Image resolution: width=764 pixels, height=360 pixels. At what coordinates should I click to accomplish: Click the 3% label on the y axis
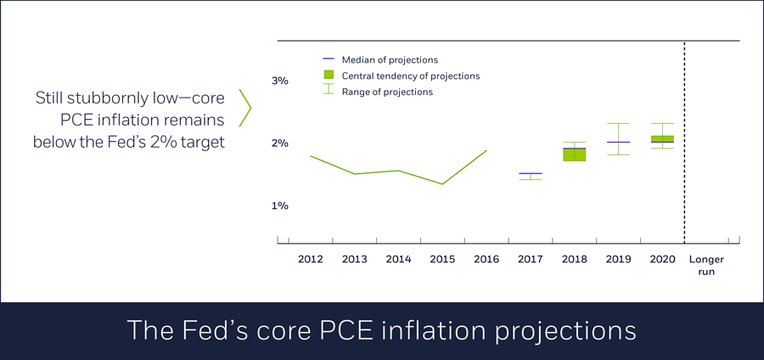[280, 81]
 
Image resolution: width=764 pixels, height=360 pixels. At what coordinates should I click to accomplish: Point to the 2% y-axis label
[280, 143]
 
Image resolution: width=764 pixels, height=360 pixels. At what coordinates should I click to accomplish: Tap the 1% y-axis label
[280, 205]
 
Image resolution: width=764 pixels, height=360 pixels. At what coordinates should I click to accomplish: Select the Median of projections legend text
[390, 60]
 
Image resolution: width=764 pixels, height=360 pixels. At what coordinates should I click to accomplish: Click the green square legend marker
[329, 76]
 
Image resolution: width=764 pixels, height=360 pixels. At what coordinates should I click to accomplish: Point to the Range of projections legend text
[387, 92]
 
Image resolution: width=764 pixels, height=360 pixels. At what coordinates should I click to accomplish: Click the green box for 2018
[574, 154]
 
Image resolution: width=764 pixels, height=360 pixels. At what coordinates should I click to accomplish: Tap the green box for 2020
[661, 139]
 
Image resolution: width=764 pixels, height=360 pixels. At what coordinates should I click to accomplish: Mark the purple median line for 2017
[530, 173]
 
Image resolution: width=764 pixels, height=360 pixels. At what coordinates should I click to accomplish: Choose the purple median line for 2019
[618, 142]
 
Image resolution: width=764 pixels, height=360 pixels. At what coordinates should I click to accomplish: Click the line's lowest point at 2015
[441, 183]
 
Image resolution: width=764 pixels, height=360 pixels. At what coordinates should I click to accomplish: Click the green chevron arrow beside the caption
[245, 108]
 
